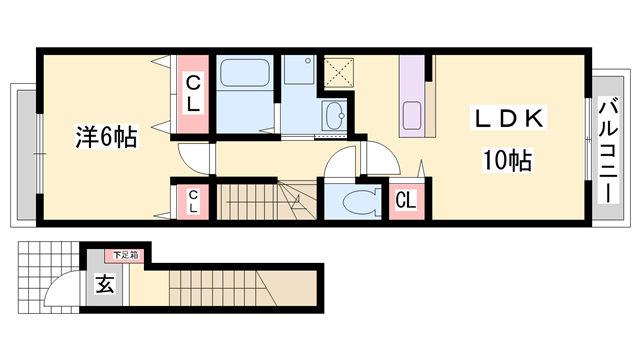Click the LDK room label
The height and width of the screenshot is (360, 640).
point(508,118)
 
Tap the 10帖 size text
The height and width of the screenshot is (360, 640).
point(507,160)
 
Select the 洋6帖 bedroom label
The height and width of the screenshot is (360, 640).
point(106,137)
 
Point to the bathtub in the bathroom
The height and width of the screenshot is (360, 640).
point(245,73)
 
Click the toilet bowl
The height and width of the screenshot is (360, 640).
point(361,202)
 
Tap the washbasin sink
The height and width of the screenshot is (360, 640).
point(334,116)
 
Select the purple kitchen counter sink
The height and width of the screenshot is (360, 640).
point(412,115)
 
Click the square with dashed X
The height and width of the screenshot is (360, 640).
point(339,72)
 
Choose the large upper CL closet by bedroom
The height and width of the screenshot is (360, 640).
point(193,94)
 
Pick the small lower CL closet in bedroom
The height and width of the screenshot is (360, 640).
point(193,202)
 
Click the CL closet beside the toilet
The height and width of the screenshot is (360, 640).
point(406,201)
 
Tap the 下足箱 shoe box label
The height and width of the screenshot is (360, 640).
point(126,256)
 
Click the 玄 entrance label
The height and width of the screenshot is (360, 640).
point(105,283)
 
